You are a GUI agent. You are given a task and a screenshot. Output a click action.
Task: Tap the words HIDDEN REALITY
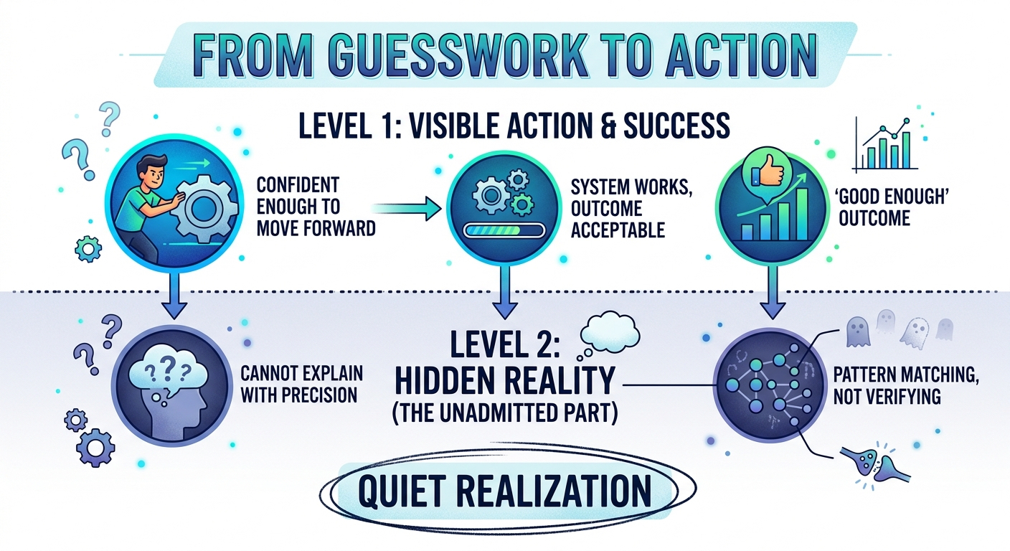point(505,385)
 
